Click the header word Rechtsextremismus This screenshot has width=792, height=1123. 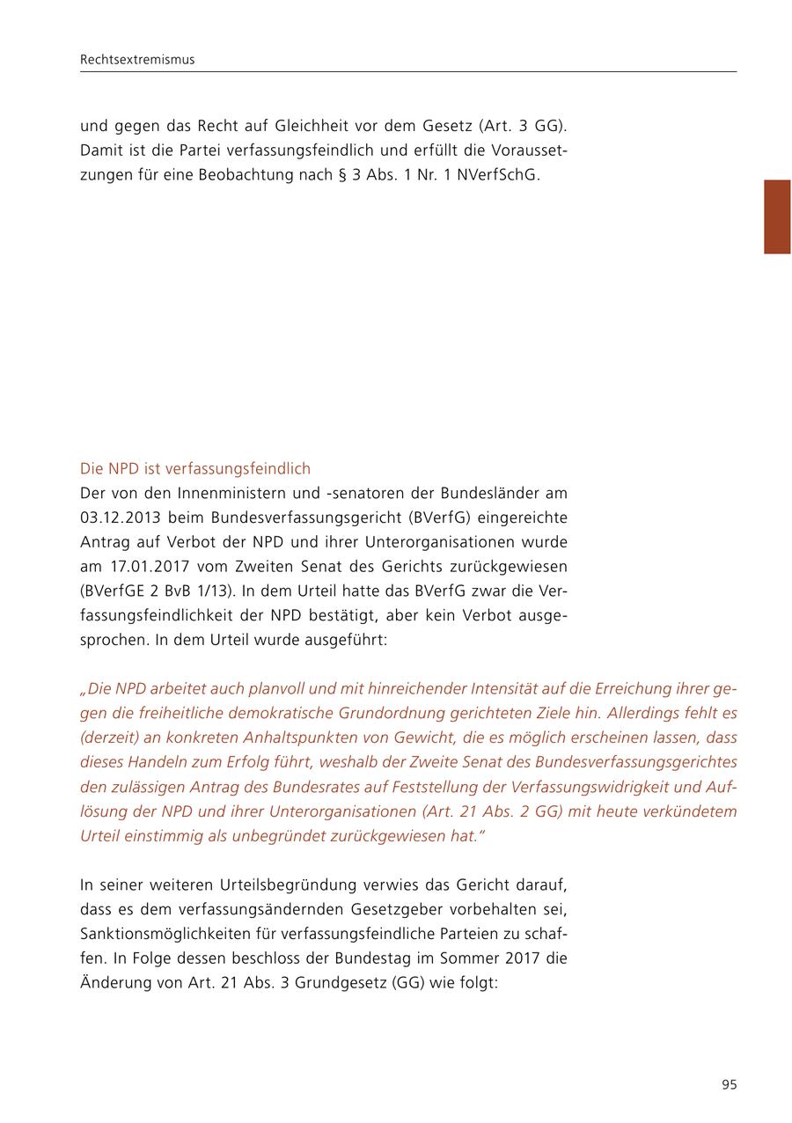point(137,60)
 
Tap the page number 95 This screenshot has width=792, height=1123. point(729,1085)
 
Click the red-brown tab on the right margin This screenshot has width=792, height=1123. point(777,217)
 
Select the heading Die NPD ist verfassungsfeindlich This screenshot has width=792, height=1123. point(195,469)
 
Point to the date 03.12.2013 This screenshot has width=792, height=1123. point(120,517)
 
